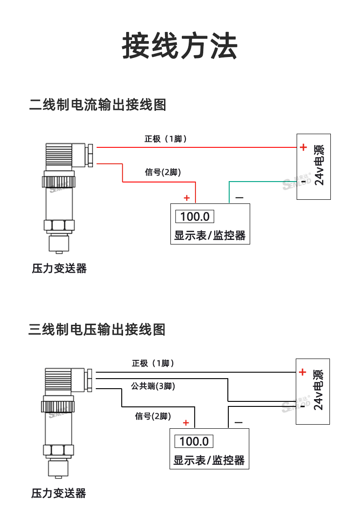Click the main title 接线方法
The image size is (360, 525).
pos(180,46)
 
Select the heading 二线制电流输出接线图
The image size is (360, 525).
pos(98,104)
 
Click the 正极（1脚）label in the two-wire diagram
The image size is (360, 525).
pos(165,139)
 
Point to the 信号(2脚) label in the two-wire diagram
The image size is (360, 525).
pos(163,172)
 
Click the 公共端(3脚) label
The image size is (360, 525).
pos(153,386)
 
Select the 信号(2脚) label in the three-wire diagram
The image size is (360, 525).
pos(153,416)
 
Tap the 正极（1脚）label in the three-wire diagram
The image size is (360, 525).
pos(153,363)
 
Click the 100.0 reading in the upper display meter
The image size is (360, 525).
pos(195,217)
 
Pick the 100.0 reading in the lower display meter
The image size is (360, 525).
pos(194,442)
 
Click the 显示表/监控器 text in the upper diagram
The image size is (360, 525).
pos(210,235)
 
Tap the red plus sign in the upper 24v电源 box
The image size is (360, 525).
pos(303,147)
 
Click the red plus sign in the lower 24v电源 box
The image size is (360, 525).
pos(303,372)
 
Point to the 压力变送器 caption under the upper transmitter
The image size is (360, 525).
pos(59,268)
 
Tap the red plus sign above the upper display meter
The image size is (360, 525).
pos(186,198)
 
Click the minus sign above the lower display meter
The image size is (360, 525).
pos(238,423)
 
